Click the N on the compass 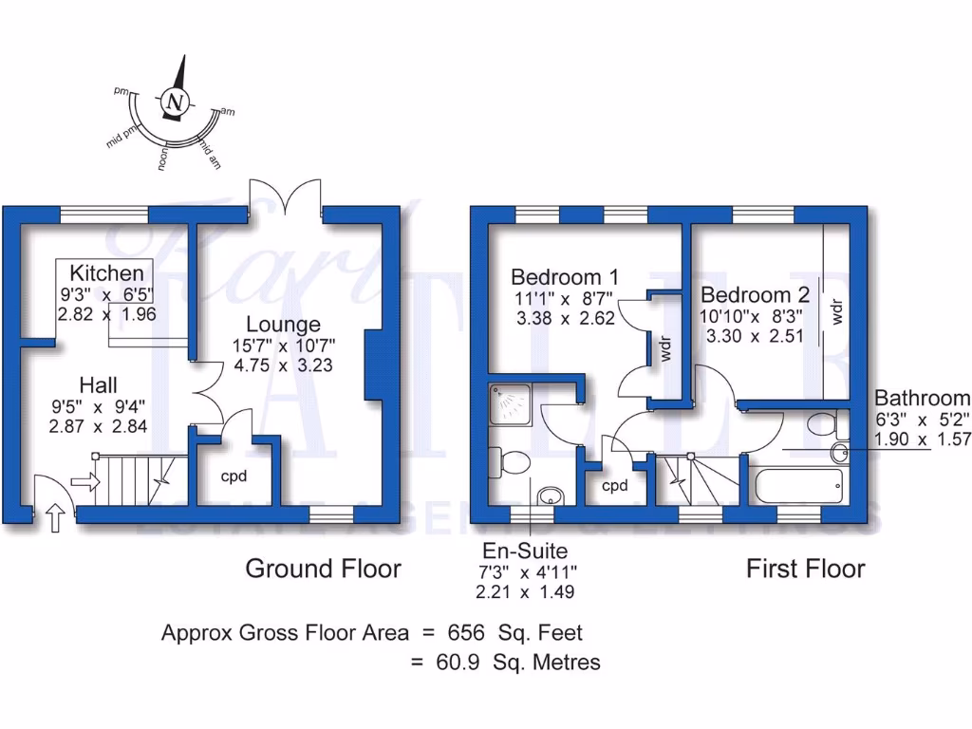pos(172,101)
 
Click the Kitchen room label pos(112,273)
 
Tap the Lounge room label pos(284,325)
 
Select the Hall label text pos(98,385)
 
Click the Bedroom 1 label pos(565,277)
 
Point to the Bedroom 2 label pos(755,295)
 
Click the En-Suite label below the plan pos(525,550)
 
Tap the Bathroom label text pos(922,399)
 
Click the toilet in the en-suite pos(514,463)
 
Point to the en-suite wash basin pos(550,495)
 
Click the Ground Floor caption pos(323,569)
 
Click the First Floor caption pos(805,569)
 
